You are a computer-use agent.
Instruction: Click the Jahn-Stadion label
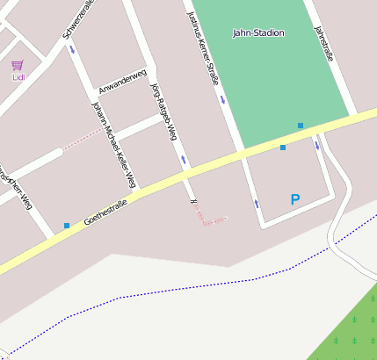click(x=258, y=33)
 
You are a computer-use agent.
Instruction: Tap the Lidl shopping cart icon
click(x=18, y=65)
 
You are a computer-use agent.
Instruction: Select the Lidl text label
click(x=18, y=77)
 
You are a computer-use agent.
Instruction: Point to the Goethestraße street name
click(x=105, y=212)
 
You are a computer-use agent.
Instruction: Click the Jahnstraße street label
click(x=324, y=43)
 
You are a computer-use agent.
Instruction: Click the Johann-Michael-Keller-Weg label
click(x=113, y=144)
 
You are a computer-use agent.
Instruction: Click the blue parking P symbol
click(x=295, y=200)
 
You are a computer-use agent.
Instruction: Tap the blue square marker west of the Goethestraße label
click(x=67, y=226)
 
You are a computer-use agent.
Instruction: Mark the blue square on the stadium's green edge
click(x=301, y=126)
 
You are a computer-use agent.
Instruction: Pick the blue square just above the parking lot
click(x=283, y=148)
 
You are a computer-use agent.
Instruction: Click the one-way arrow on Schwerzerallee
click(x=72, y=49)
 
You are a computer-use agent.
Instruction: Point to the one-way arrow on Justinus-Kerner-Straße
click(x=223, y=100)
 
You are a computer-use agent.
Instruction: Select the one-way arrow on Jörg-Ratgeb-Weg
click(x=184, y=160)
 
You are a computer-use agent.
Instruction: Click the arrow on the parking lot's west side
click(x=257, y=204)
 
